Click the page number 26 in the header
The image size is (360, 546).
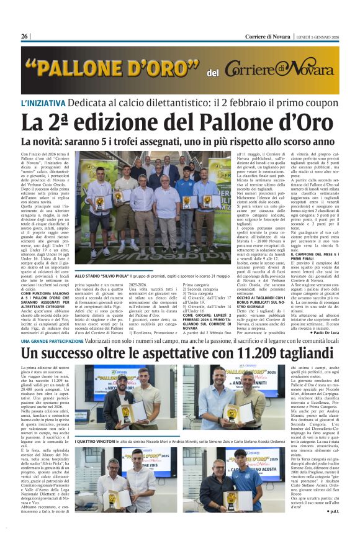25,37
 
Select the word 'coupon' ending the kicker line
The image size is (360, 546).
325,103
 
